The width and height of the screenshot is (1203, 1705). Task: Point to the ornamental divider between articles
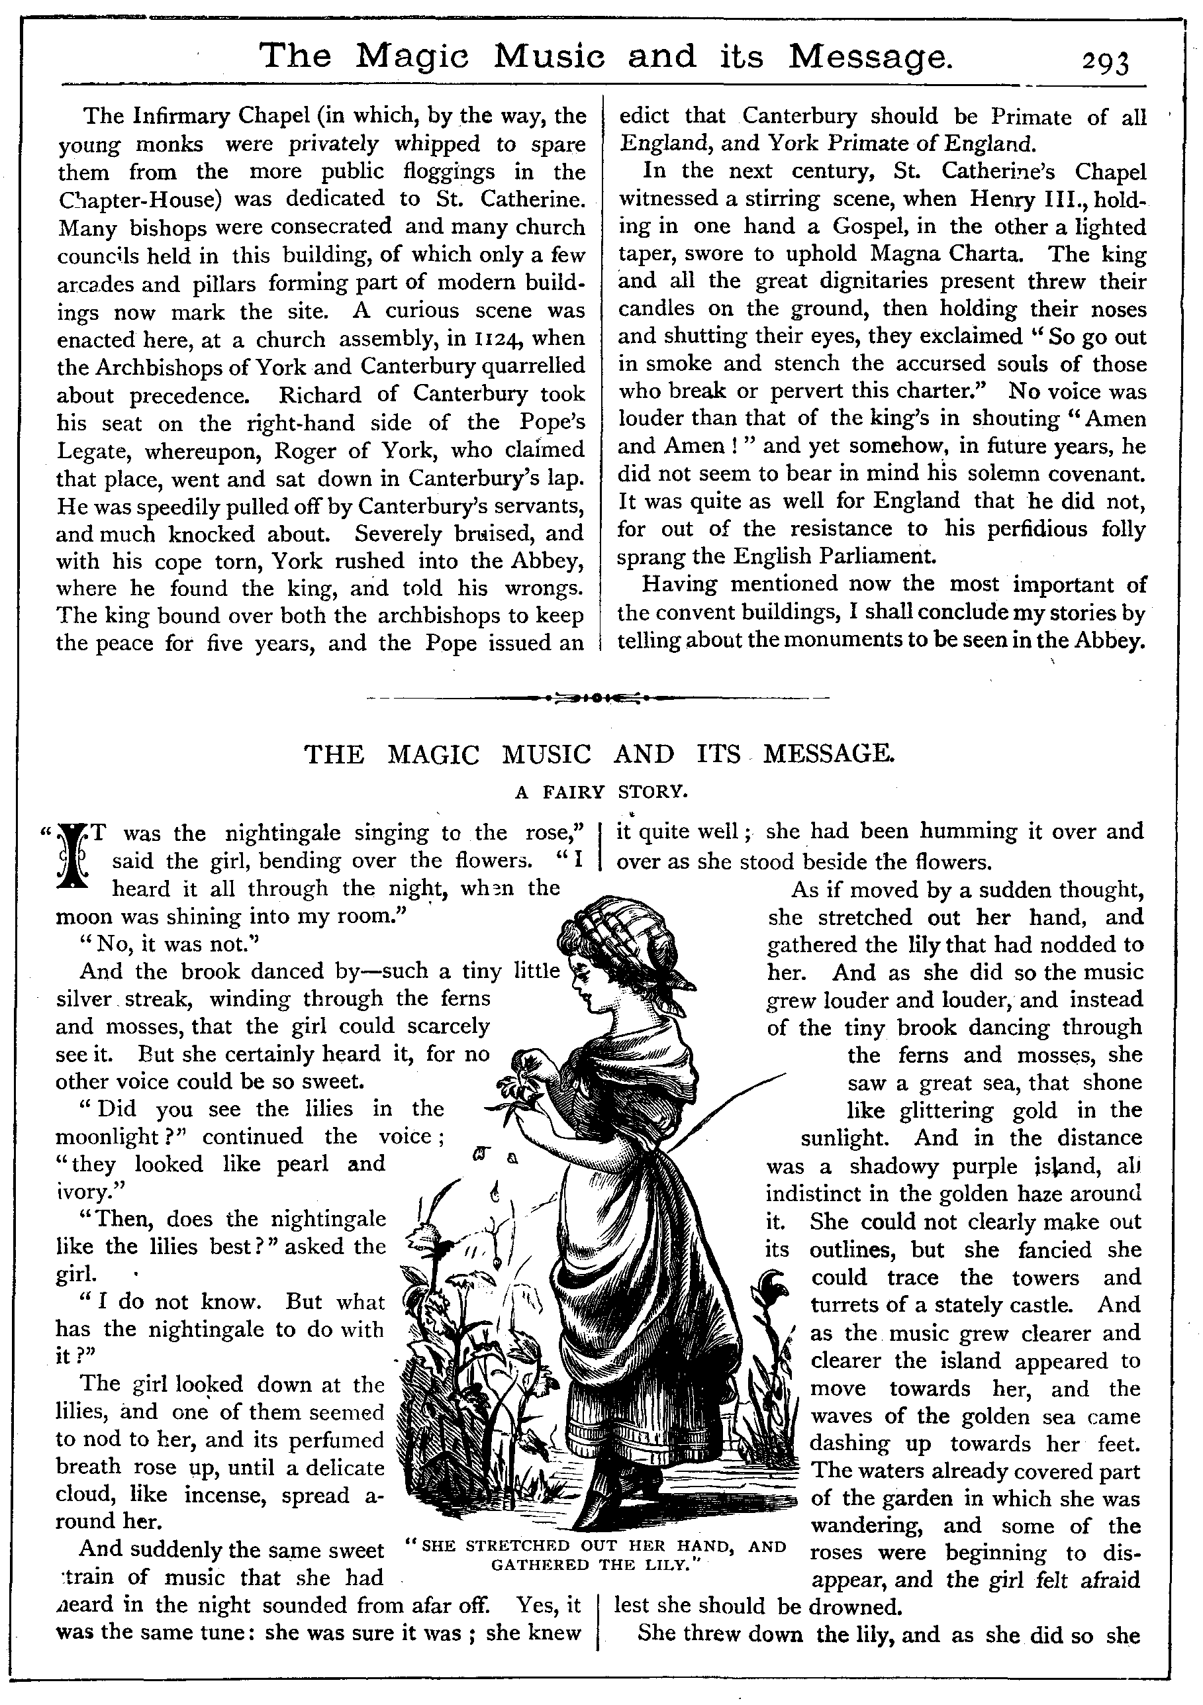click(x=599, y=698)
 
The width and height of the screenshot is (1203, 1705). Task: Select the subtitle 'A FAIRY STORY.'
click(x=601, y=793)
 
